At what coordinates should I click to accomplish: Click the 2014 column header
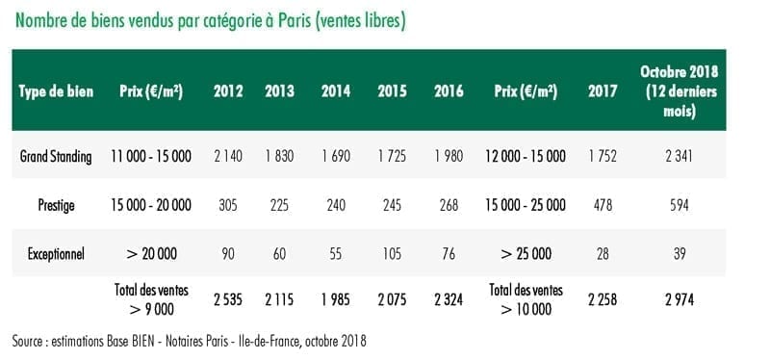(x=336, y=91)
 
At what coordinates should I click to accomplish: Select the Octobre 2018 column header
(x=680, y=91)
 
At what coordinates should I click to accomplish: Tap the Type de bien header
(x=56, y=91)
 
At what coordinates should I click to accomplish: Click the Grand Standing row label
(x=56, y=157)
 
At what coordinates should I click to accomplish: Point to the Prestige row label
(x=56, y=205)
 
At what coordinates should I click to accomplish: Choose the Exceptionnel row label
(x=56, y=254)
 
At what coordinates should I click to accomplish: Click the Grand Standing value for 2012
(x=228, y=156)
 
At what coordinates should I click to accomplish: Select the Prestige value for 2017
(x=603, y=205)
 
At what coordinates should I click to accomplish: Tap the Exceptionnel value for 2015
(x=392, y=254)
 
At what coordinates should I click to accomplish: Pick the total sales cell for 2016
(x=449, y=299)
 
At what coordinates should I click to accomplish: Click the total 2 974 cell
(x=680, y=299)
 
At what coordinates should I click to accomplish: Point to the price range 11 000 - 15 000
(x=151, y=156)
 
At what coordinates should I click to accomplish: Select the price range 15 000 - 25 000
(x=526, y=205)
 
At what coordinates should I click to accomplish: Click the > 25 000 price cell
(x=526, y=254)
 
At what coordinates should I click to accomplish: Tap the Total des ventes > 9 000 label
(x=151, y=299)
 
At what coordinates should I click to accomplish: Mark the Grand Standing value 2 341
(x=680, y=156)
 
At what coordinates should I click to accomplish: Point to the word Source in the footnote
(x=28, y=341)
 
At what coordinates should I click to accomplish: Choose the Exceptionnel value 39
(x=680, y=254)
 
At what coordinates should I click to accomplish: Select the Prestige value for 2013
(x=279, y=205)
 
